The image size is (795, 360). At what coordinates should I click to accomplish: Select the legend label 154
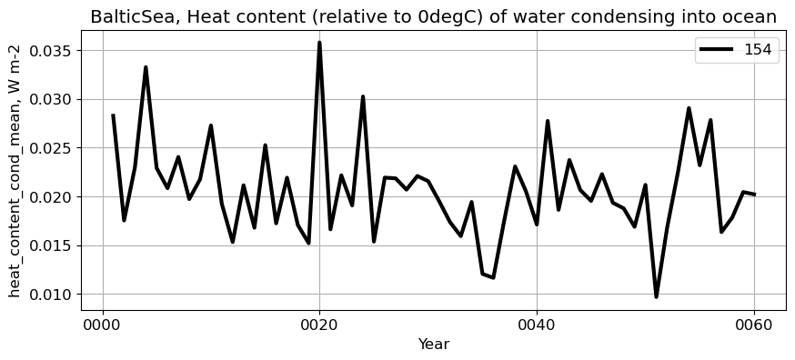point(758,50)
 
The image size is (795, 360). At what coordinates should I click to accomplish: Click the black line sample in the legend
point(718,50)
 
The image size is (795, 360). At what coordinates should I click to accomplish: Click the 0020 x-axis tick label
point(319,325)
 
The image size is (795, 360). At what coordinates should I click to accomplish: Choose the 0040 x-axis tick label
point(537,325)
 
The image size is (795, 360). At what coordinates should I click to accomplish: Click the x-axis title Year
point(434,345)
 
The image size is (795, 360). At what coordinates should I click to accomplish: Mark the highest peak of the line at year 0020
point(319,43)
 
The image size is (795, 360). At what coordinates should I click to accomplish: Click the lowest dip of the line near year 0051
point(656,296)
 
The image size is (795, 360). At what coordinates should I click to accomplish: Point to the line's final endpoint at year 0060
point(754,195)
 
